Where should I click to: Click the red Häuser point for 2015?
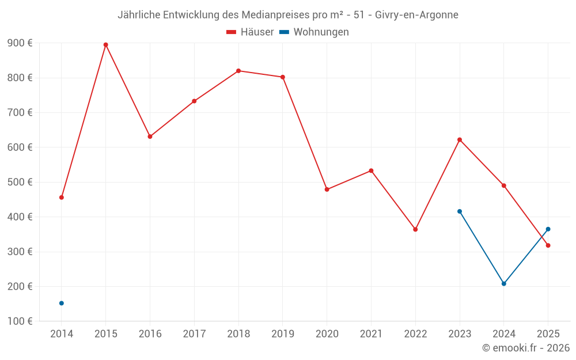click(106, 45)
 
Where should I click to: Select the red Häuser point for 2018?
click(238, 71)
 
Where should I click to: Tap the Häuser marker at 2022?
click(415, 229)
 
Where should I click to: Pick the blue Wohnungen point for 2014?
click(62, 303)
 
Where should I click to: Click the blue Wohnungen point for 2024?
click(504, 283)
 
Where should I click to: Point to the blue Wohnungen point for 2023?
click(460, 211)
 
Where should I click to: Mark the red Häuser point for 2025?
click(548, 245)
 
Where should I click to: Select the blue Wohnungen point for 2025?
click(548, 229)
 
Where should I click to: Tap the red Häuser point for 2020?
click(327, 190)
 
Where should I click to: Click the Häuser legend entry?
click(250, 32)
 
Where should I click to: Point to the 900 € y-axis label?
click(20, 43)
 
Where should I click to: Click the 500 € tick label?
click(20, 182)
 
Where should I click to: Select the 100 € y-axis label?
click(20, 321)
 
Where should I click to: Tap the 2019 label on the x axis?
click(283, 334)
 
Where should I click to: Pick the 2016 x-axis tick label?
click(150, 334)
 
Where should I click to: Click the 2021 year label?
click(372, 334)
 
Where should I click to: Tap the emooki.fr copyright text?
click(526, 348)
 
